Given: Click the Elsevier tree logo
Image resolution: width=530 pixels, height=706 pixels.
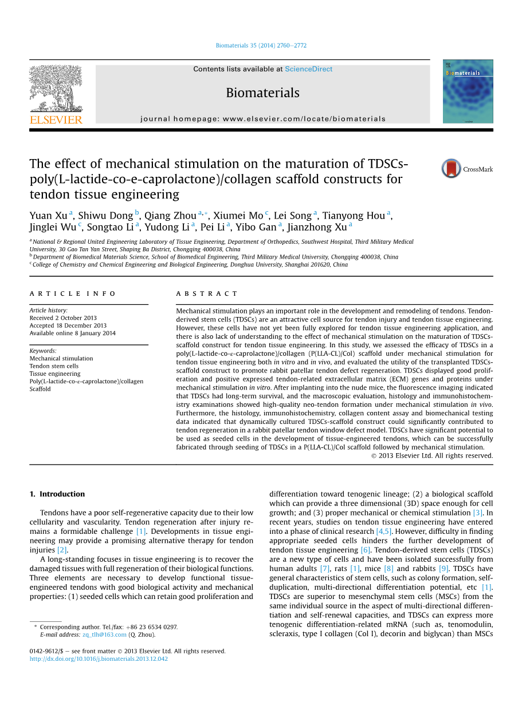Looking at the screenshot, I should click(x=56, y=88).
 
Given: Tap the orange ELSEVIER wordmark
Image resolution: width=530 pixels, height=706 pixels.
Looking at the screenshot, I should click(x=56, y=120).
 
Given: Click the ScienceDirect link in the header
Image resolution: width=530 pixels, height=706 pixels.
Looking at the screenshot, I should click(x=308, y=69).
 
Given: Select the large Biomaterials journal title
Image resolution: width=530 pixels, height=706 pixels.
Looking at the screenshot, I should click(x=262, y=93).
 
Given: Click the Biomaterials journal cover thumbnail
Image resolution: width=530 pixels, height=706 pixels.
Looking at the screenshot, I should click(x=468, y=92).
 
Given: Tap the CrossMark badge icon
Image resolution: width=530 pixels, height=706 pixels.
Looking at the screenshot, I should click(x=452, y=169).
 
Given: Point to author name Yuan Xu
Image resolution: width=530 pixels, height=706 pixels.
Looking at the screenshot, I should click(x=48, y=216).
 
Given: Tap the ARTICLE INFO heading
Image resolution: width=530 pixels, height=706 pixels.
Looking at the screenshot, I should click(x=73, y=293).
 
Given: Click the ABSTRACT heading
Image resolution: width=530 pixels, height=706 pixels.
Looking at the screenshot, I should click(x=207, y=293).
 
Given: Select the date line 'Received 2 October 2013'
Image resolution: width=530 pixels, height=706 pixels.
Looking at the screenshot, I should click(x=63, y=318).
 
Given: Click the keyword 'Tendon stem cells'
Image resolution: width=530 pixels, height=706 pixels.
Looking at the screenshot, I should click(x=54, y=366).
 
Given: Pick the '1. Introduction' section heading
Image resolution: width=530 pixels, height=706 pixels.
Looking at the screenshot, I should click(x=57, y=494).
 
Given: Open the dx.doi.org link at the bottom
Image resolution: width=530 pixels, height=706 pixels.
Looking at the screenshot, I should click(x=99, y=659).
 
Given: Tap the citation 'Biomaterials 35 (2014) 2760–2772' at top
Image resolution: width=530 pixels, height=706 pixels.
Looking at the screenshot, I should click(x=261, y=46).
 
